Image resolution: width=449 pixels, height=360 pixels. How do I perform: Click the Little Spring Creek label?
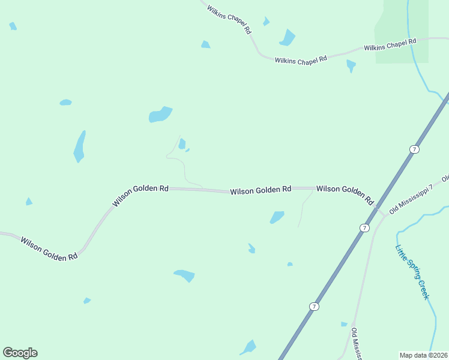coord(413,272)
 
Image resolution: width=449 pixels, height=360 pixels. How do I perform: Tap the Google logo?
coord(20,353)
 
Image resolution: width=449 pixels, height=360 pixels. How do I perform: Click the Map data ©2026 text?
coord(424,355)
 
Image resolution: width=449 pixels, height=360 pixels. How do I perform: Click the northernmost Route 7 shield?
coord(414,149)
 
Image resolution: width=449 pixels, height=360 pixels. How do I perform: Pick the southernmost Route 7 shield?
coord(314,307)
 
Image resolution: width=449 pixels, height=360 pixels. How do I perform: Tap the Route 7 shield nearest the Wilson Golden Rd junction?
coord(364,228)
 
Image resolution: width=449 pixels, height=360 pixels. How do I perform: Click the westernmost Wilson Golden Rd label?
coord(49,248)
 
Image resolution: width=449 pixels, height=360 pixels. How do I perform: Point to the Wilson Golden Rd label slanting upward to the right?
coord(140,196)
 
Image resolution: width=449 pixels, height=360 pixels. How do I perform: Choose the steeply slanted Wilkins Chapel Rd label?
coord(229,19)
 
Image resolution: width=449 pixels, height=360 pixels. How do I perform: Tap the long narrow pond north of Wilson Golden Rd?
coord(79,146)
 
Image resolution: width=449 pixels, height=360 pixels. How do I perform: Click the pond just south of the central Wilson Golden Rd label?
coord(277,217)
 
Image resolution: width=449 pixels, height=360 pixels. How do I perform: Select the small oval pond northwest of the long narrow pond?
coord(65,103)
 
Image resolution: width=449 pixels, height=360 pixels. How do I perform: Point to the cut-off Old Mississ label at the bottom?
coord(356,344)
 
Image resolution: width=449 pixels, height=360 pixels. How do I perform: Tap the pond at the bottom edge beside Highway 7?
coord(249,347)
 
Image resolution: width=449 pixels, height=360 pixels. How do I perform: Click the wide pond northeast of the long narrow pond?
coord(160,114)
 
